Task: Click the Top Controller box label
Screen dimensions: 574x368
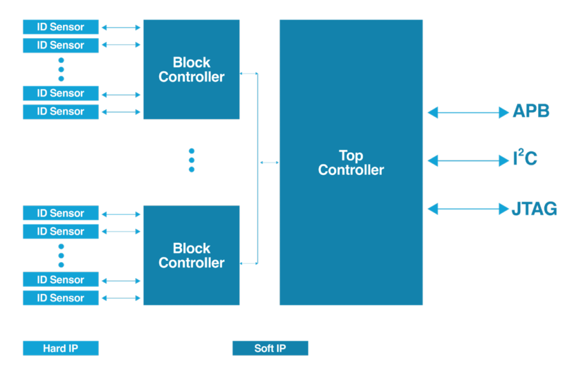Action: pyautogui.click(x=351, y=163)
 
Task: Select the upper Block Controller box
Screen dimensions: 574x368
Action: pyautogui.click(x=191, y=69)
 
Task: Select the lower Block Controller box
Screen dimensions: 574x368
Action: pyautogui.click(x=191, y=255)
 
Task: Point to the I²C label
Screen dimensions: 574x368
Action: pyautogui.click(x=525, y=160)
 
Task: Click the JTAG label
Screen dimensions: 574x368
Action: pyautogui.click(x=534, y=209)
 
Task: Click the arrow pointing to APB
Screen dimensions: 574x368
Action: pyautogui.click(x=468, y=113)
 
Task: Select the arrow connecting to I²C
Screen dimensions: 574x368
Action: pyautogui.click(x=468, y=161)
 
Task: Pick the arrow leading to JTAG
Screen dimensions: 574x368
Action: pyautogui.click(x=468, y=209)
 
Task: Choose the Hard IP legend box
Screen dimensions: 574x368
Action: pyautogui.click(x=61, y=348)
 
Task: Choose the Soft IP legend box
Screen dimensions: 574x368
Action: pyautogui.click(x=270, y=348)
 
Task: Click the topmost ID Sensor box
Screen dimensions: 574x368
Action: pyautogui.click(x=61, y=27)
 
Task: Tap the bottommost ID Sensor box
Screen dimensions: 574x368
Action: pyautogui.click(x=61, y=298)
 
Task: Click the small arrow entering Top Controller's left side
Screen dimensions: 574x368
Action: pyautogui.click(x=269, y=163)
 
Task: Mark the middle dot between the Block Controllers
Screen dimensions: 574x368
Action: pyautogui.click(x=191, y=160)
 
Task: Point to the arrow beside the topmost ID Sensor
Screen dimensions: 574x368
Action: pyautogui.click(x=121, y=28)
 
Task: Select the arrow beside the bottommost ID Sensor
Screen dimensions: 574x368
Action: pyautogui.click(x=121, y=299)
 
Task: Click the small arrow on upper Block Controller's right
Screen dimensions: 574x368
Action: pyautogui.click(x=248, y=73)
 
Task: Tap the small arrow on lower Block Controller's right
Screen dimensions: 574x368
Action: pyautogui.click(x=248, y=263)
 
